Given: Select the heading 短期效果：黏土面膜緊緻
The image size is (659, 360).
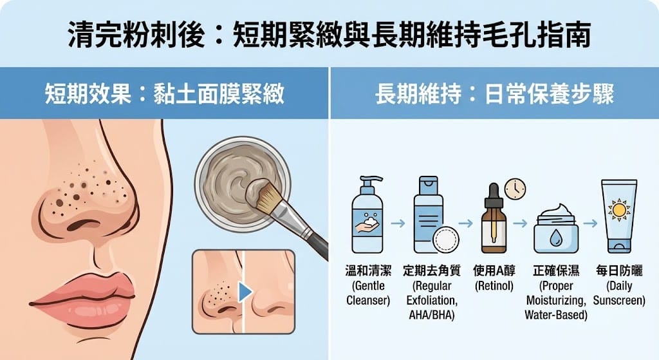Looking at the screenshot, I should point(164,95).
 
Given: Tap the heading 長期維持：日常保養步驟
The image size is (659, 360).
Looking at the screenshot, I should point(494,95).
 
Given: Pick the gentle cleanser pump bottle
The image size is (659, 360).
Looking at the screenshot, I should point(367,216).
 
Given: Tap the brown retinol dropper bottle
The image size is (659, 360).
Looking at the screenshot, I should point(494,222).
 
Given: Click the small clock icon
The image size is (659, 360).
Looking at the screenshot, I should point(515,189).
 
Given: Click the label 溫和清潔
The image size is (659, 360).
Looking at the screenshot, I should point(367,271).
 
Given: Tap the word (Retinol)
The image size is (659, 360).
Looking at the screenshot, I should point(494,286).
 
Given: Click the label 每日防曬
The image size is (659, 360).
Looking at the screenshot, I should point(619,271).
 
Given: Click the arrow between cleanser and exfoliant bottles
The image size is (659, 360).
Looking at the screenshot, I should point(398,223).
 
